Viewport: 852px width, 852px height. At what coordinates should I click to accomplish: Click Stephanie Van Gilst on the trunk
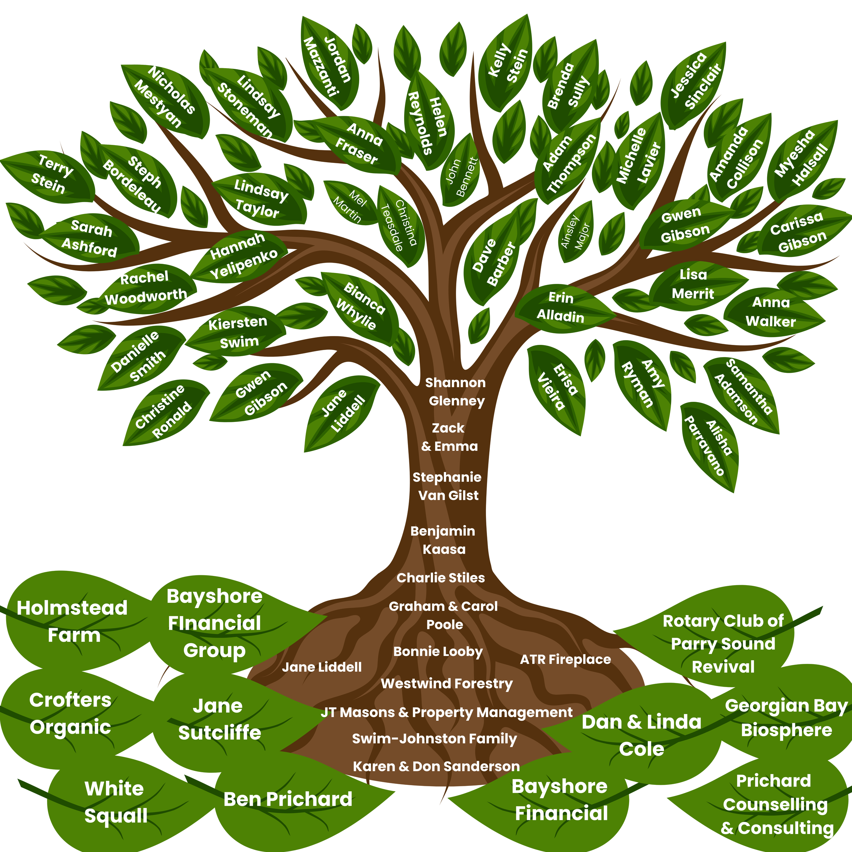[x=447, y=486]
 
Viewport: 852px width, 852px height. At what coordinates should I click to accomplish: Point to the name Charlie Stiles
[x=441, y=578]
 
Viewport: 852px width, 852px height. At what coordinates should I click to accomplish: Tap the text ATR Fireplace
[x=565, y=659]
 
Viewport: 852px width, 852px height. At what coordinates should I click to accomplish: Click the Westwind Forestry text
[x=447, y=684]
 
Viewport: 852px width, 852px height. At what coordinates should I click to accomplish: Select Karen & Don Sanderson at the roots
[x=436, y=766]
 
